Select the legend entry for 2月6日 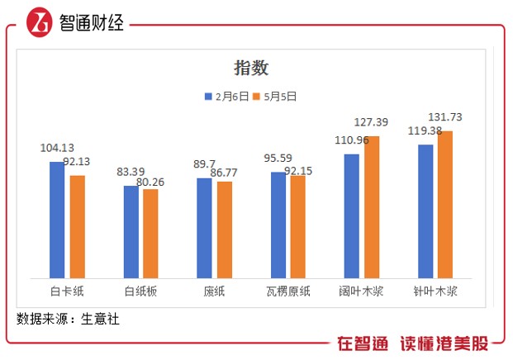pos(226,97)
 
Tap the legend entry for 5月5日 pos(275,97)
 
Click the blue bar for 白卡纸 pos(57,220)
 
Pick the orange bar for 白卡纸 pos(77,226)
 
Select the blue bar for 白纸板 pos(131,232)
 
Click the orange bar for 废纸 pos(224,230)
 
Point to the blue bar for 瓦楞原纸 pos(278,225)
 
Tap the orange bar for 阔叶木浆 pos(372,207)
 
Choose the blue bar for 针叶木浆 pos(425,211)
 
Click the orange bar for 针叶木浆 pos(445,205)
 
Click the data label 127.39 pos(370,122)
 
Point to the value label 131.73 pos(444,116)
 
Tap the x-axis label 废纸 pos(215,291)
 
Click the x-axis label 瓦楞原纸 pos(287,291)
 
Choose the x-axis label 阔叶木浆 pos(361,291)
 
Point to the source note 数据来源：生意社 pos(68,318)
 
